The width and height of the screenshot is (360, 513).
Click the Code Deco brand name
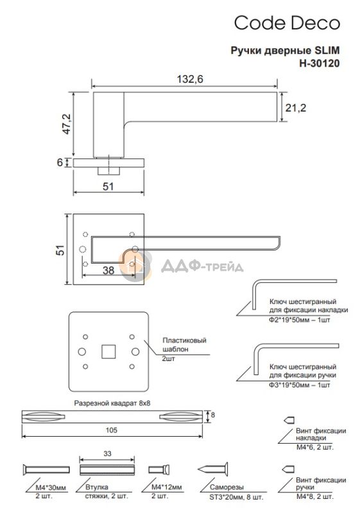pos(287,23)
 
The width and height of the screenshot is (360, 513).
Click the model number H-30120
pos(320,63)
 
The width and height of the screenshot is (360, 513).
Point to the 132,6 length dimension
pos(190,79)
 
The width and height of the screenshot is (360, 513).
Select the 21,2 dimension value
pos(296,108)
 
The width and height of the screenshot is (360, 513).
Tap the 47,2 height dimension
pos(67,124)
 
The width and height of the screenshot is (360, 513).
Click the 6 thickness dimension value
pos(60,162)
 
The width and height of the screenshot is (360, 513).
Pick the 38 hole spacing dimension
pos(108,270)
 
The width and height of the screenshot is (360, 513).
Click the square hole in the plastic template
pos(108,351)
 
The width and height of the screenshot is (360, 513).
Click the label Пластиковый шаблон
pos(184,344)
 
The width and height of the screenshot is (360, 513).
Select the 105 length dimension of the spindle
pos(111,430)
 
